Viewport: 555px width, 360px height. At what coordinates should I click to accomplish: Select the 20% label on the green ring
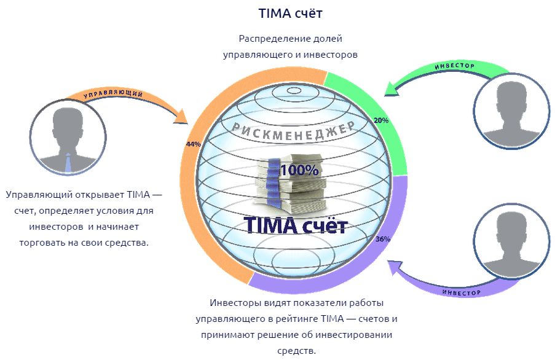[x=380, y=121]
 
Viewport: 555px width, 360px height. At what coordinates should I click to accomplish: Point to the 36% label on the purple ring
[x=382, y=239]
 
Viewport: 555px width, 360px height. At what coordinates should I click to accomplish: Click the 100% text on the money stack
[x=299, y=170]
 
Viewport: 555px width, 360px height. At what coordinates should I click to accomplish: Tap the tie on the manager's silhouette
[x=69, y=162]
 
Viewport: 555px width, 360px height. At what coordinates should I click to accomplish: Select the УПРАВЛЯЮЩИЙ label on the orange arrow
[x=113, y=95]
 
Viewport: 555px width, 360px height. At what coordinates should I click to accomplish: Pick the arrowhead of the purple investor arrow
[x=393, y=266]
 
